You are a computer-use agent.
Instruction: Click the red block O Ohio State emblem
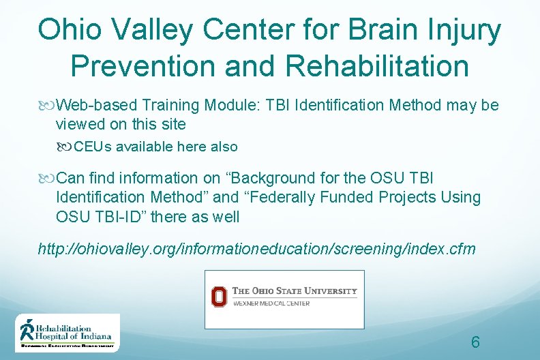[x=219, y=297]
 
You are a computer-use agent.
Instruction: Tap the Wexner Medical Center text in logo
[x=271, y=303]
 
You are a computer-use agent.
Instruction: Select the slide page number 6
[x=475, y=342]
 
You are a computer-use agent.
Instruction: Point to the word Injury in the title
[x=467, y=30]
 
